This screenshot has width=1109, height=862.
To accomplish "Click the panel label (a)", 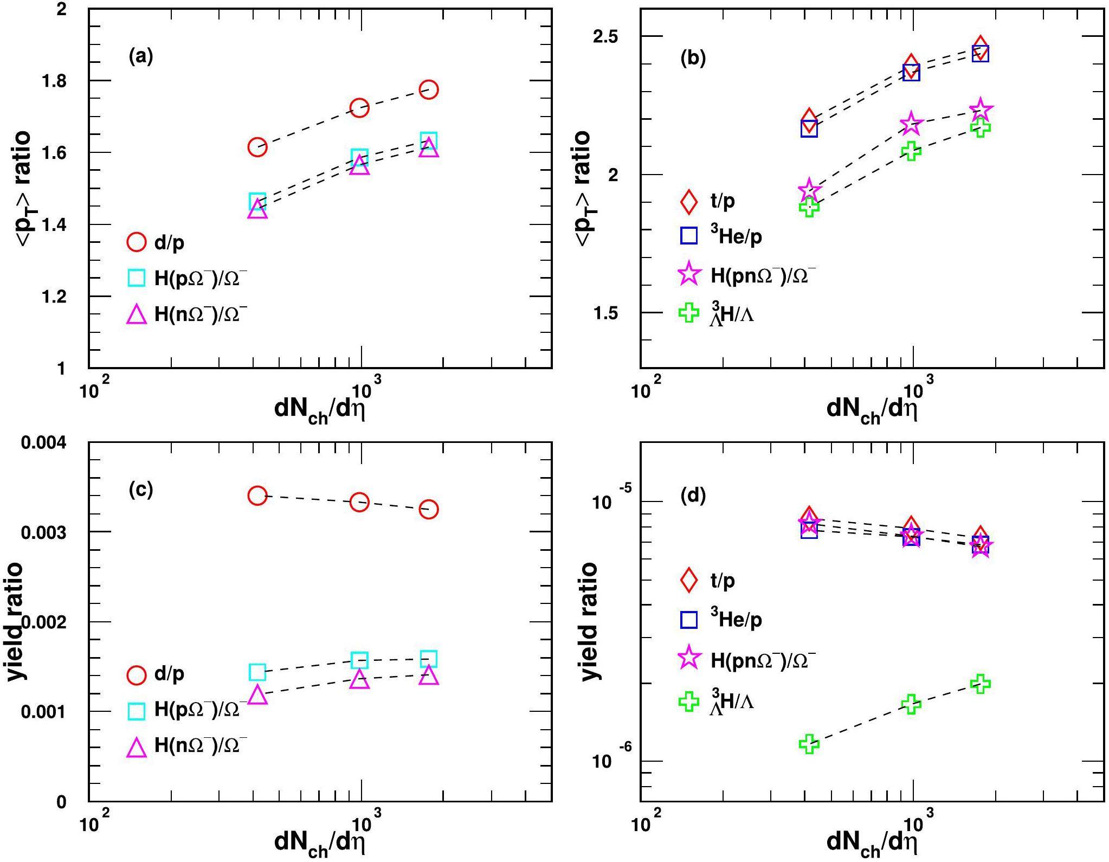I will [x=141, y=56].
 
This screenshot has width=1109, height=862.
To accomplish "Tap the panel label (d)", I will [x=693, y=496].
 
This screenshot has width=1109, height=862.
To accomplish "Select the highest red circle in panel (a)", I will [x=429, y=89].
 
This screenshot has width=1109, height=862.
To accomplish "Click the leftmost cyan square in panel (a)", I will [x=257, y=202].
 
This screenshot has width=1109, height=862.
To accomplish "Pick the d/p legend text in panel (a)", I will [x=169, y=243].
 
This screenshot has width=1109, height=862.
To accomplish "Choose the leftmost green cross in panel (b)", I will [x=809, y=207].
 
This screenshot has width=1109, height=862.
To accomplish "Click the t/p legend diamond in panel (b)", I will [x=689, y=201].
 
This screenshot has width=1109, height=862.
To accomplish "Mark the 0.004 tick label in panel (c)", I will [x=43, y=443].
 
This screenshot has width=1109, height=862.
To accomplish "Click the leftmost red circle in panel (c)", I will [x=257, y=495].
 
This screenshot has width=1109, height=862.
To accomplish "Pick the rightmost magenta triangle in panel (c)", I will [x=429, y=676].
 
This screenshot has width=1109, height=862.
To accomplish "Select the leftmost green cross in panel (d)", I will [x=809, y=744].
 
